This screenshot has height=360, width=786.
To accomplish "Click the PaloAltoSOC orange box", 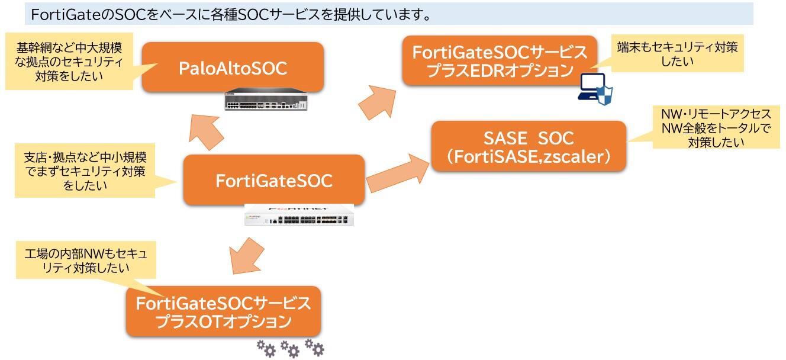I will pyautogui.click(x=233, y=67).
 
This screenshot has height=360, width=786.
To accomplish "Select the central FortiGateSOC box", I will pyautogui.click(x=273, y=180).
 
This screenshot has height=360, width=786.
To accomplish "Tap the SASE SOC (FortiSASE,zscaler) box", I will pyautogui.click(x=528, y=147).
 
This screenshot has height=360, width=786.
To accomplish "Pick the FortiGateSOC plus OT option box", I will pyautogui.click(x=223, y=312).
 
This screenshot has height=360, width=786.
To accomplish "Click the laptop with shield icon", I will pyautogui.click(x=594, y=89).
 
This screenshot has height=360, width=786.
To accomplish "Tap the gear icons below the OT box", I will pyautogui.click(x=290, y=348).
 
